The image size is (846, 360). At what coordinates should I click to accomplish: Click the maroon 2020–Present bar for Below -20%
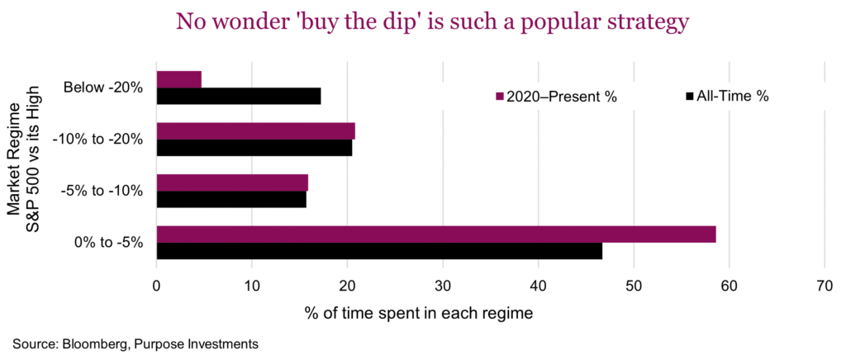[x=179, y=79]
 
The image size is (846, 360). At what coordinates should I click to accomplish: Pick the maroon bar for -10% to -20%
[x=256, y=130]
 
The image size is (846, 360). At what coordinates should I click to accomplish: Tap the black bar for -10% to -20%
[x=254, y=148]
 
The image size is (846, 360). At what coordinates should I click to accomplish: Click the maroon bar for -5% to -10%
[x=232, y=182]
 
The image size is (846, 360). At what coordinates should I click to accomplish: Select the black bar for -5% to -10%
[x=231, y=199]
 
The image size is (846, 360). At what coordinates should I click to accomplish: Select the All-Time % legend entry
[x=728, y=97]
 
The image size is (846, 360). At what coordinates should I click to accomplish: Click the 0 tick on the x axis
[x=157, y=286]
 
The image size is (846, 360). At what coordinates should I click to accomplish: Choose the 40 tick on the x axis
[x=539, y=286]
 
